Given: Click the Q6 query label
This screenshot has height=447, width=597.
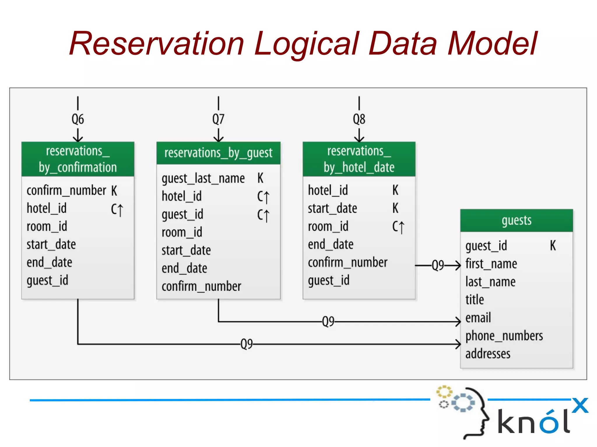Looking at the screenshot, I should tap(78, 119).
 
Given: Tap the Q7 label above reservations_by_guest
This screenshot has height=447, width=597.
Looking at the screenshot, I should tap(218, 119).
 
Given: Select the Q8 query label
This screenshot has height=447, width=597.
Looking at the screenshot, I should tap(359, 119).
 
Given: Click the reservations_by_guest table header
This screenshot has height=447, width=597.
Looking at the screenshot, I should tap(218, 153).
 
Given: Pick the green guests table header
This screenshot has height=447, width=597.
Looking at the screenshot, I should tap(516, 220).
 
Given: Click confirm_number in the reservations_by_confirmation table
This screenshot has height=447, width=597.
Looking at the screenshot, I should tap(66, 191).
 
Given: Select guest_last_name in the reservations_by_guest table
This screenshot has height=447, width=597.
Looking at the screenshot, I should tap(203, 178).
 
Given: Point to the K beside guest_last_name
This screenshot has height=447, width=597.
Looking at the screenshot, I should tap(260, 178).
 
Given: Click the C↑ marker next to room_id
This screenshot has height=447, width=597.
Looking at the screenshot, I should tap(398, 227).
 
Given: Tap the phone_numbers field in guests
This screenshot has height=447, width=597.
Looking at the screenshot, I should tap(504, 336).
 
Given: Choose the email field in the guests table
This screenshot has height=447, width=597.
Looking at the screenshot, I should tap(478, 318).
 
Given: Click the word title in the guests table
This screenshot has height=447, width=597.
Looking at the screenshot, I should tap(475, 300).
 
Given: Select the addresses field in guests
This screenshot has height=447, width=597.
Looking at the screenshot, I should tap(488, 354).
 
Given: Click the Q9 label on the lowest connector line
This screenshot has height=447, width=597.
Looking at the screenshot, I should tap(247, 344).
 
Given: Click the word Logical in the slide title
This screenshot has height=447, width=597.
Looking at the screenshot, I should tap(307, 44).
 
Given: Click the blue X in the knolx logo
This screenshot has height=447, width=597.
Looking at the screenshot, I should tap(580, 405).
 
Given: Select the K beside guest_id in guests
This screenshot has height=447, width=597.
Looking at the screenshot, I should tap(553, 245).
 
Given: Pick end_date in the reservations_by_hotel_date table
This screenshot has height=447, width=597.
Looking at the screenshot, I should tap(331, 245).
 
